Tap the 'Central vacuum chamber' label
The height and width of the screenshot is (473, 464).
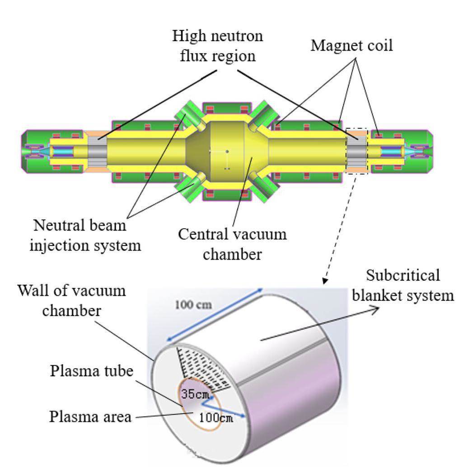pyautogui.click(x=232, y=244)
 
